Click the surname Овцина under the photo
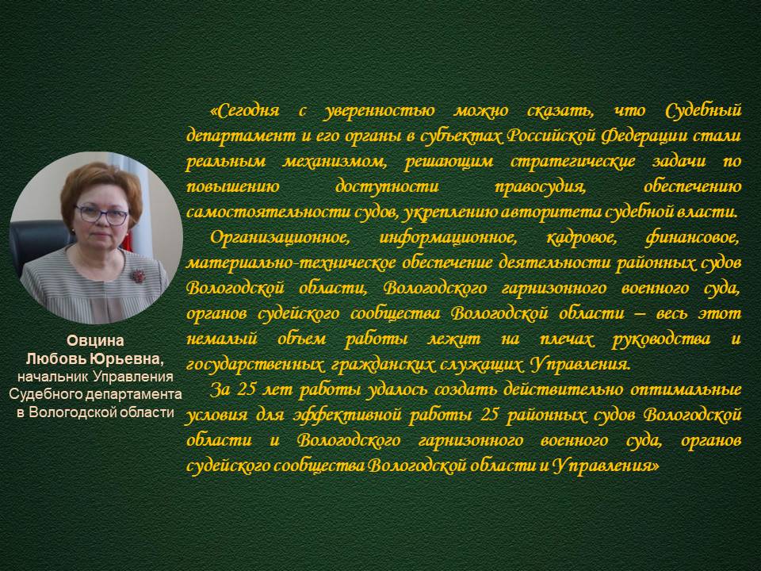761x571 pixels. [x=95, y=340]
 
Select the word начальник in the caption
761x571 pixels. [x=53, y=377]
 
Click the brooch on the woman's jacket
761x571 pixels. [x=137, y=275]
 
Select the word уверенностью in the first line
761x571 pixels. [x=379, y=112]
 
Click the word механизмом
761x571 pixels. [x=335, y=162]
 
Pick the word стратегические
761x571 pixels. [x=572, y=162]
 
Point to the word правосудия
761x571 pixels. [x=540, y=187]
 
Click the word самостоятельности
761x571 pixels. [x=251, y=213]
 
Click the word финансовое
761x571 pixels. [x=693, y=238]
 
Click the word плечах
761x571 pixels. [x=566, y=339]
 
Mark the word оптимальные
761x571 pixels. [x=686, y=390]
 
